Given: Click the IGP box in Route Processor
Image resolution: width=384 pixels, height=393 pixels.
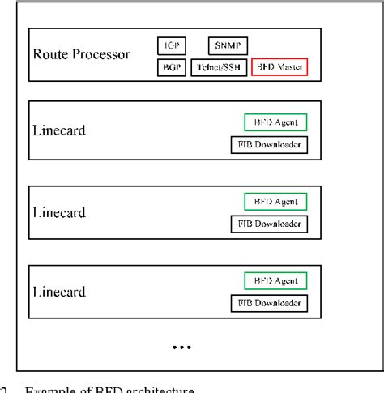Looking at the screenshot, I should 171,46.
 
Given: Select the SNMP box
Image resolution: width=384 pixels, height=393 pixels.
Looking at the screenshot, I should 228,46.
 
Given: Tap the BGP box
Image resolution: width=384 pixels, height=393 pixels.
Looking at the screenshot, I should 171,68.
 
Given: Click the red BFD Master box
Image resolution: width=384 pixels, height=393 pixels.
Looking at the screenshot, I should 280,68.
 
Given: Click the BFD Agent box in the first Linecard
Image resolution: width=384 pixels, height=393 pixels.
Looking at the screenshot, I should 276,122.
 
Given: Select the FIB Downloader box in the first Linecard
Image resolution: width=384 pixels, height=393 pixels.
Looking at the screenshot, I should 270,146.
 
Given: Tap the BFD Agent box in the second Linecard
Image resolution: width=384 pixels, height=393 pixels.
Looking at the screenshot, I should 276,200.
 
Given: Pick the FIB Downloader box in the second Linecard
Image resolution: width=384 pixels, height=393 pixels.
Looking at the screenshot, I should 270,224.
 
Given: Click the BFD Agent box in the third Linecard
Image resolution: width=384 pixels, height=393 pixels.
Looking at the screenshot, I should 276,280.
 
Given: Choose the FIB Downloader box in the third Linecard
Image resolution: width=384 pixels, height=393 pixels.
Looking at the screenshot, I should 270,303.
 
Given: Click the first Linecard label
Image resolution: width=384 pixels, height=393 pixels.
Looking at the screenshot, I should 61,130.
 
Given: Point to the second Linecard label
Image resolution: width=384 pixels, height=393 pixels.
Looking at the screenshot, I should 61,212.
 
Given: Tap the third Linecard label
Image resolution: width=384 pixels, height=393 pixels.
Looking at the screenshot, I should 61,289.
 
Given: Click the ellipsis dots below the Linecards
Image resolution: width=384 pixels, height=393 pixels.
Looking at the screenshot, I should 181,348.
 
